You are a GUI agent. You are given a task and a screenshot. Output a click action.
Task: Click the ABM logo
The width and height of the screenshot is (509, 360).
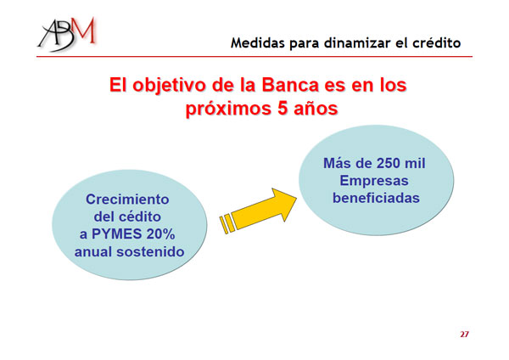pos(67,34)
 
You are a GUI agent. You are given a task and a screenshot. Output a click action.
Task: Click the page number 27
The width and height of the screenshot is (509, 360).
pos(464,334)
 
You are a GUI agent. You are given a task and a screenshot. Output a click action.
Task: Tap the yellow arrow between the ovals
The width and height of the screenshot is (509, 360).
pos(258,211)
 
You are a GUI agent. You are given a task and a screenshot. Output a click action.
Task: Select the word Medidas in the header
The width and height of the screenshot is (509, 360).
pos(258,43)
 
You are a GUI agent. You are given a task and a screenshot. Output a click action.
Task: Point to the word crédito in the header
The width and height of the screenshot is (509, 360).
pos(437,43)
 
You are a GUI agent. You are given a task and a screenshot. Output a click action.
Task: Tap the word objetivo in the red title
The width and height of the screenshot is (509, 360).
pos(171,86)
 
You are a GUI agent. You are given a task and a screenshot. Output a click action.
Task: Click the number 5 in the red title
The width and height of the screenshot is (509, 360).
pos(282,109)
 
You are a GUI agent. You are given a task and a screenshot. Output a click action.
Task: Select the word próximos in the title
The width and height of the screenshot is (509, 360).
pos(228,110)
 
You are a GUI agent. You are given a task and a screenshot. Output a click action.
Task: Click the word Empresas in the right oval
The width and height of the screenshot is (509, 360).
pos(374,181)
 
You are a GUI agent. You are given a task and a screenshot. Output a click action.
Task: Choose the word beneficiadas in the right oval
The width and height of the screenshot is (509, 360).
pos(376,198)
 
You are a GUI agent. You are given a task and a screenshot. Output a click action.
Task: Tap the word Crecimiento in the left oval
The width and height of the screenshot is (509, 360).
pos(127,200)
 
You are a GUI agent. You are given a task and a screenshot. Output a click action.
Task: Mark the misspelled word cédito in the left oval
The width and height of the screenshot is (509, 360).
pos(140,217)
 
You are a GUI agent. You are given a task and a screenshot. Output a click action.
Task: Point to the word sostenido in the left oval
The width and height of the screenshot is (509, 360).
pos(150,252)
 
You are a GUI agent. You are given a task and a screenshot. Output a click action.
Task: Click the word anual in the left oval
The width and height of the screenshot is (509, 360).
pos(93,252)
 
